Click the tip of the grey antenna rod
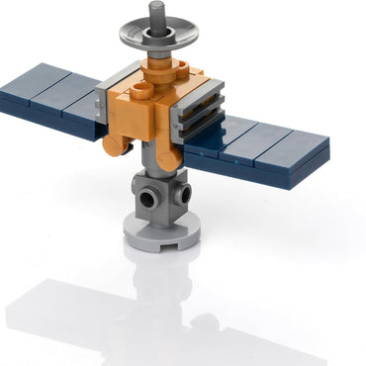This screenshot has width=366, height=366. point(156,6)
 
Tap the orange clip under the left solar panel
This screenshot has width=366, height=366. point(117,145)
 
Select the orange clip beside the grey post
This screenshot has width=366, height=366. point(169,153)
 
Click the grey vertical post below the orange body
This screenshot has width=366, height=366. point(155,158)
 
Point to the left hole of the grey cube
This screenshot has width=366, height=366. point(148,199)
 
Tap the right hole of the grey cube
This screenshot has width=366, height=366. point(179,192)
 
